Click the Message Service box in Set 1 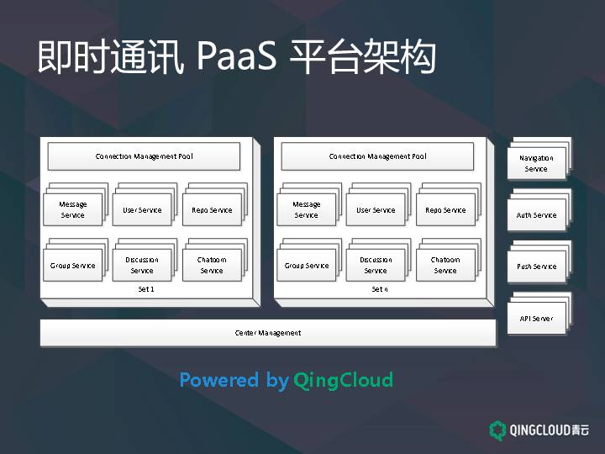(x=72, y=210)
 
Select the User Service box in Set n (x=376, y=210)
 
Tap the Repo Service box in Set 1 (x=212, y=210)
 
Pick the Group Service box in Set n (x=306, y=266)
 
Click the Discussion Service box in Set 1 (x=142, y=266)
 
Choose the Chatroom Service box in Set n (x=445, y=266)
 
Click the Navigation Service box (x=536, y=163)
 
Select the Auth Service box (x=536, y=215)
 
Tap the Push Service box (x=536, y=267)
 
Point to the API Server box (x=536, y=319)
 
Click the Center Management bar (x=268, y=333)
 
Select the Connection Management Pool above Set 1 (x=144, y=156)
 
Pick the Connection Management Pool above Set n (x=377, y=156)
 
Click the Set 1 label (x=146, y=288)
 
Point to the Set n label (x=380, y=288)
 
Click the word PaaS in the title (x=236, y=57)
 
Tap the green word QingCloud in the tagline (x=343, y=380)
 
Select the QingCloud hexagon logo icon (x=497, y=430)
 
